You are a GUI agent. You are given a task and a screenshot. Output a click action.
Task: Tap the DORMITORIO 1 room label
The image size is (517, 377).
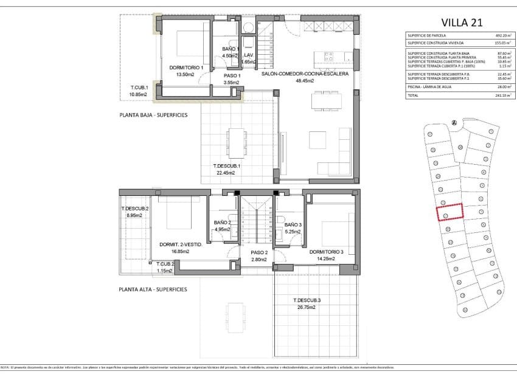coord(186,67)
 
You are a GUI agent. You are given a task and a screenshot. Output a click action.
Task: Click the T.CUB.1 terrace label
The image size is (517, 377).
coord(139,88)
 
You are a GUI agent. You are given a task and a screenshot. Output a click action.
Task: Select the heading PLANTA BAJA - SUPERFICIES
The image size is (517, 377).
coord(153,114)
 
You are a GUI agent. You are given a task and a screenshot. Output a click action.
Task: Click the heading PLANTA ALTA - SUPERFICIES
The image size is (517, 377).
coord(153,289)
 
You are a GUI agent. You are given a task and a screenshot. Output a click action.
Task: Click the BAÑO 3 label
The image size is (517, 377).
coord(293,224)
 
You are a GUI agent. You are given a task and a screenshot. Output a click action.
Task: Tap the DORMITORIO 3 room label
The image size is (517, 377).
coord(327,252)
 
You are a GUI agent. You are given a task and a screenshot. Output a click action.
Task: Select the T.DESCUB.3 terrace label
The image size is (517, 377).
coord(307,300)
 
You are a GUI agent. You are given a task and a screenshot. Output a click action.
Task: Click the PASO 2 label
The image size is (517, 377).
coord(259,252)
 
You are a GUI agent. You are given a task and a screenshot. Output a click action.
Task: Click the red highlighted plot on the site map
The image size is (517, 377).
coord(449,212)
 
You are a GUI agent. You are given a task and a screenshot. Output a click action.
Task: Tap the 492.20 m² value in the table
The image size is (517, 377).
coord(502,36)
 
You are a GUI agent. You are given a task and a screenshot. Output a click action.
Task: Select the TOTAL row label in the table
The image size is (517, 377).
coord(413,95)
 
